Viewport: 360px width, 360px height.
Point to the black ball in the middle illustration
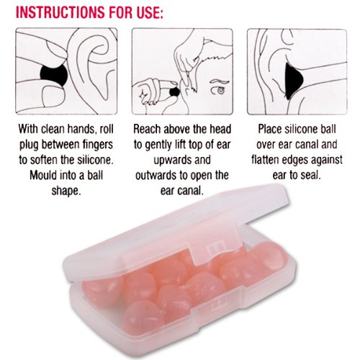(x=175, y=91)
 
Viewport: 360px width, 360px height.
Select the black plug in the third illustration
(x=294, y=81)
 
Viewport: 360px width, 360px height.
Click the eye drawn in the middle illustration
(x=220, y=91)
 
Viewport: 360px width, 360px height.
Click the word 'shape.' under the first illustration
(x=66, y=191)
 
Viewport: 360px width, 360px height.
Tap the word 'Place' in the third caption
(x=270, y=129)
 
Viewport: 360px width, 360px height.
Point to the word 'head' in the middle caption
(x=220, y=129)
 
